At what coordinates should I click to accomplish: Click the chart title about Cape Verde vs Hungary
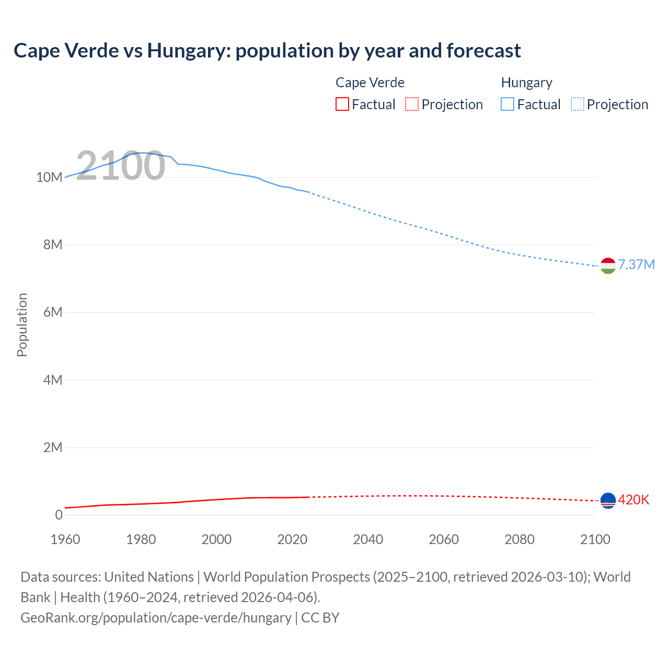tap(267, 51)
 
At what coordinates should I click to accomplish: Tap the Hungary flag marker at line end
tap(608, 266)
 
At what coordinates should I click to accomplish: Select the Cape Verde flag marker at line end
tap(608, 501)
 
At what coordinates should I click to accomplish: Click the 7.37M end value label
tap(636, 264)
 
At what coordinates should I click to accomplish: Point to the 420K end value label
tap(633, 500)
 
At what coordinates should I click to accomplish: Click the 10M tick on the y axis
tap(49, 177)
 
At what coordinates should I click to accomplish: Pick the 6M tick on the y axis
tap(52, 313)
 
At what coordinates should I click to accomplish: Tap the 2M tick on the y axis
tap(52, 447)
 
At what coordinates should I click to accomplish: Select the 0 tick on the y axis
tap(59, 515)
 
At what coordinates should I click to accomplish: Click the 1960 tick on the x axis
tap(65, 539)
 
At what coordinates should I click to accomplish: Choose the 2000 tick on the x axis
tap(216, 539)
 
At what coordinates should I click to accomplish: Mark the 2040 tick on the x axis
tap(368, 539)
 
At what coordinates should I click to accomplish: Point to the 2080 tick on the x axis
tap(520, 539)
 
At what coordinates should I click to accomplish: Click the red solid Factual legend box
tap(342, 105)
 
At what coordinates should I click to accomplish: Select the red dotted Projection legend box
tap(412, 105)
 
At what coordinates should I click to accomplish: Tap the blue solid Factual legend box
tap(507, 105)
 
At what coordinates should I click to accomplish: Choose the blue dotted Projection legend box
tap(577, 105)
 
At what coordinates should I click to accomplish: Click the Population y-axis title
tap(22, 325)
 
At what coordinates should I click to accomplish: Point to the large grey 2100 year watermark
tap(121, 166)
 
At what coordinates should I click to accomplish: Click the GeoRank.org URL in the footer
tap(156, 617)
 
